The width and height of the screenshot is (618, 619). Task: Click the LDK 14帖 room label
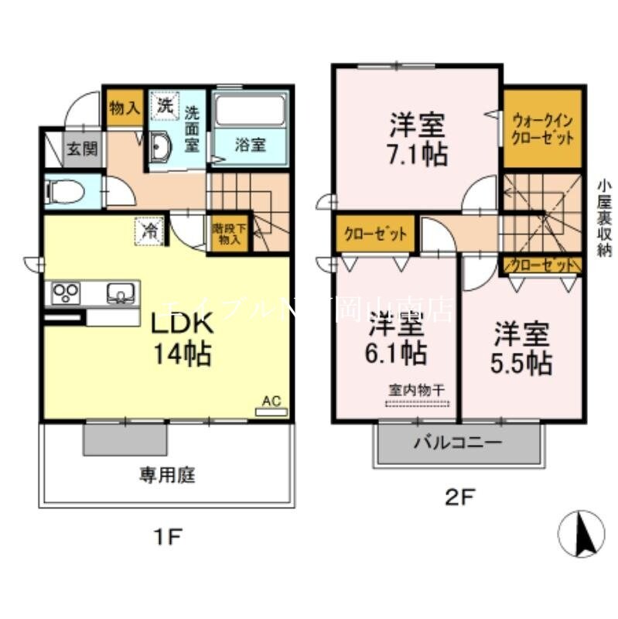click(x=183, y=337)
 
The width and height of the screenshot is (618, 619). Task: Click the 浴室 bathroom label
click(x=251, y=145)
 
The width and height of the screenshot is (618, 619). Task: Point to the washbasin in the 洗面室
click(x=160, y=146)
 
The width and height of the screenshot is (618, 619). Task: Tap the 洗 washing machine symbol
click(x=165, y=106)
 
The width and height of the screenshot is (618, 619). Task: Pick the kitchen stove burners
click(x=66, y=293)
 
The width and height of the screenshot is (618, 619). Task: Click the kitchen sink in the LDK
click(x=121, y=293)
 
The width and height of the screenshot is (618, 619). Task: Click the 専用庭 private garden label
click(x=166, y=475)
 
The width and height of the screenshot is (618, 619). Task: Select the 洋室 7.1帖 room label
click(x=418, y=139)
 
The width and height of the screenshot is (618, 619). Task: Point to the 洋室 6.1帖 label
click(x=396, y=337)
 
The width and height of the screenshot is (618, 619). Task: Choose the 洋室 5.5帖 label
click(x=522, y=348)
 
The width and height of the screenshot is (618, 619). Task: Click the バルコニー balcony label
click(x=456, y=443)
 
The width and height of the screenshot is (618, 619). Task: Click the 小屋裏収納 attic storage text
click(x=605, y=217)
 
